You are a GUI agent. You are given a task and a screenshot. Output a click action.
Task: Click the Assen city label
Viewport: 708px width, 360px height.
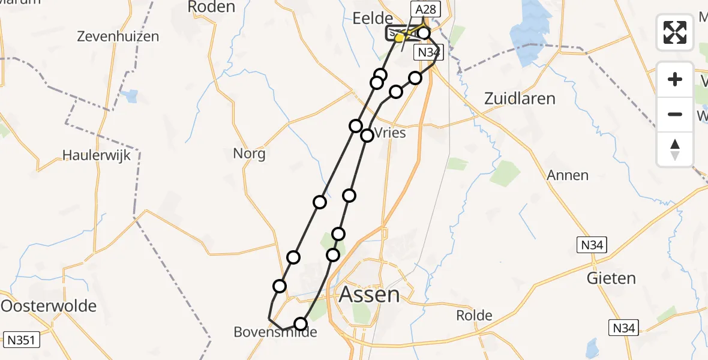[369, 295]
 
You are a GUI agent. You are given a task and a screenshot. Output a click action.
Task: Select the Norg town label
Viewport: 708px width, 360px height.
[250, 154]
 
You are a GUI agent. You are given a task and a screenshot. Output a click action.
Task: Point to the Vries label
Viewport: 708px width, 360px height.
[391, 133]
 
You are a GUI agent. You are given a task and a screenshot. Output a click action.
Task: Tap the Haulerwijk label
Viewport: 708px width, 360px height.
[97, 155]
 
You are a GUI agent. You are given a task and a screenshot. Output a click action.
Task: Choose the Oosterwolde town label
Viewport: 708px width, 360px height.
[49, 305]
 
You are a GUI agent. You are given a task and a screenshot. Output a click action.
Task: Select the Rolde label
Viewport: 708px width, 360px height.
[474, 316]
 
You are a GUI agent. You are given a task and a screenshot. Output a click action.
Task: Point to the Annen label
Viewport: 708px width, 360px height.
[568, 175]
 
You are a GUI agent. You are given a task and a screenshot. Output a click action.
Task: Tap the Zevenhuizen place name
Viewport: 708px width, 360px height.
[118, 37]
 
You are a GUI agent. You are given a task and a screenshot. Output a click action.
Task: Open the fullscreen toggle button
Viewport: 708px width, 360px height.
[675, 32]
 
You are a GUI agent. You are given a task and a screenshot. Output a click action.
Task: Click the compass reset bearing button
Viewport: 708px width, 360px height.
[675, 149]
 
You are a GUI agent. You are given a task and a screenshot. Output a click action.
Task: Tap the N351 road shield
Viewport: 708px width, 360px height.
[22, 340]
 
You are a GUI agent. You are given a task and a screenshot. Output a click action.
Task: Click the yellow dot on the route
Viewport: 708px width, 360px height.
[399, 38]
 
